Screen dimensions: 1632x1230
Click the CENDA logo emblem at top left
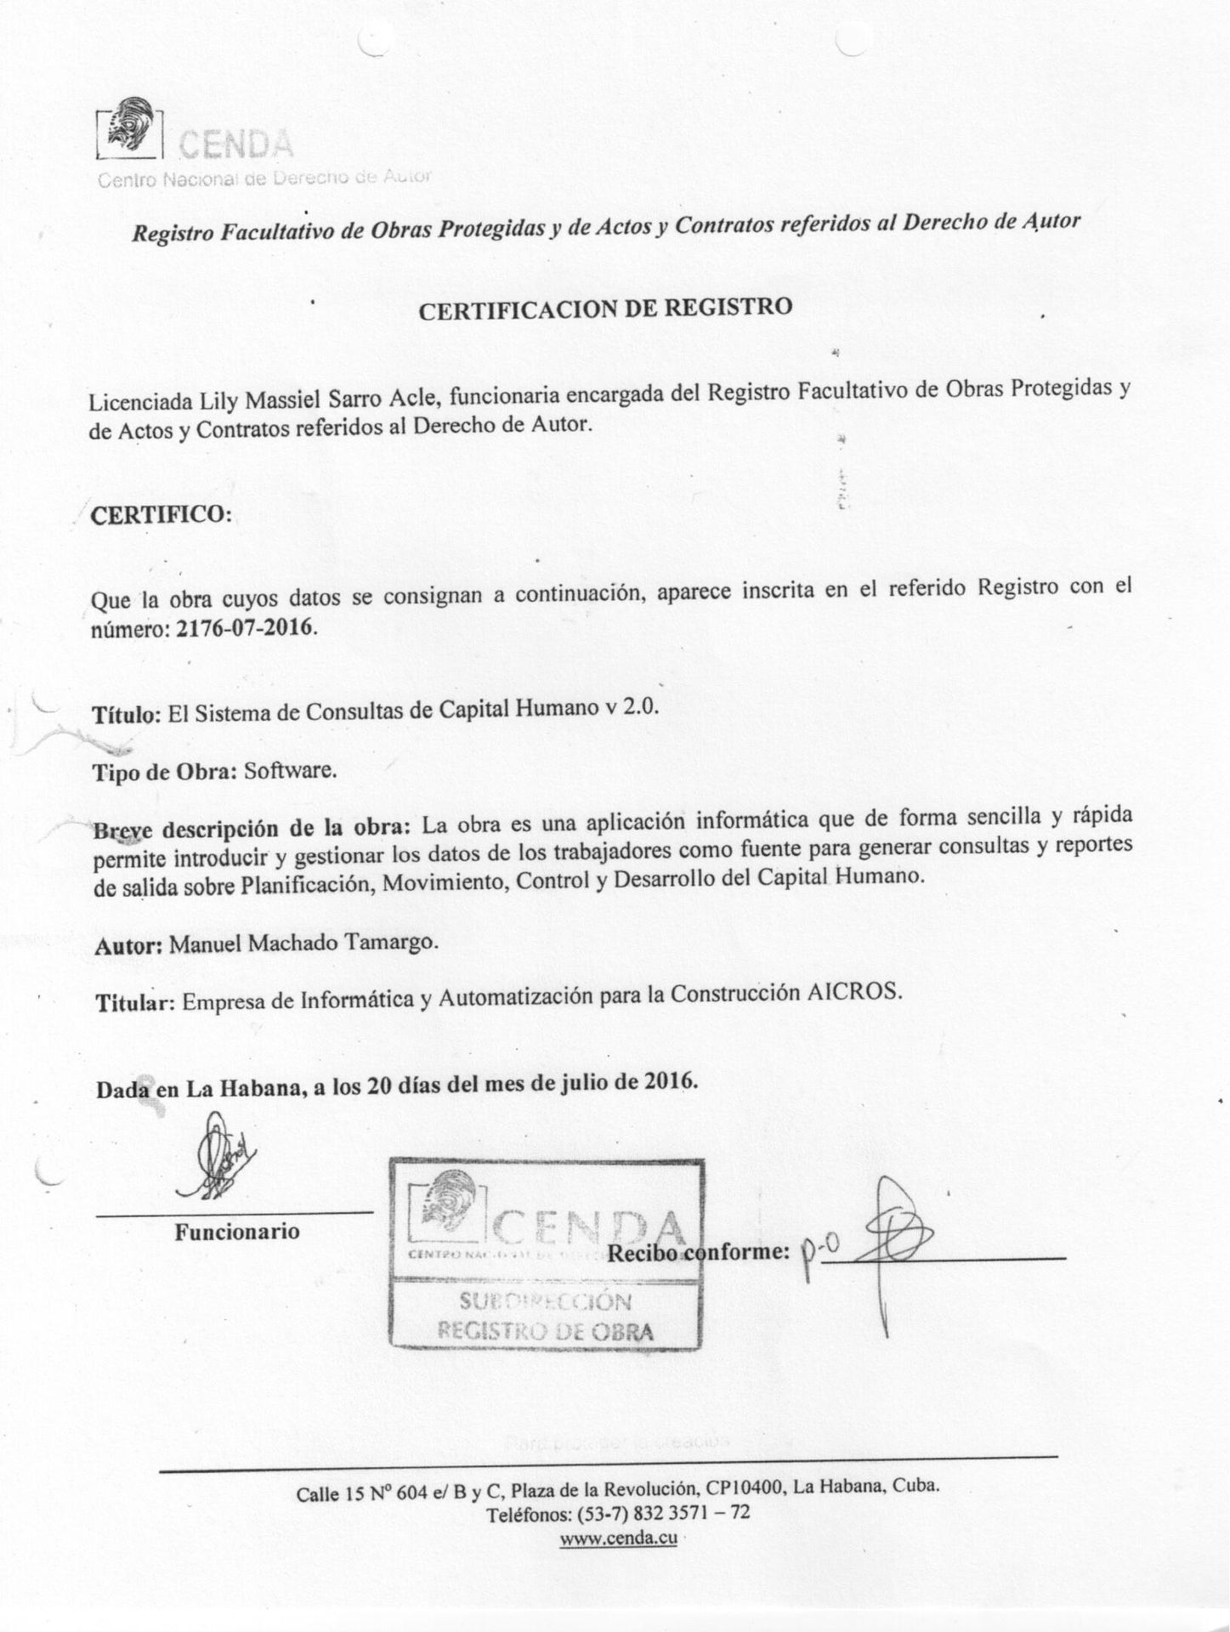130,130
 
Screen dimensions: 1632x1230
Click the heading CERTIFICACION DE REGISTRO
605,309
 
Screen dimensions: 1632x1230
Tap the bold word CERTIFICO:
161,516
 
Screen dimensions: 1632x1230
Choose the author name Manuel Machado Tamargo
305,944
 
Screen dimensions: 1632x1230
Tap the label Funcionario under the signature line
237,1232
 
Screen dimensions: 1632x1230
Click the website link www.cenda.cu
618,1538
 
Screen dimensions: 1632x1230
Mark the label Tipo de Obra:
165,773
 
